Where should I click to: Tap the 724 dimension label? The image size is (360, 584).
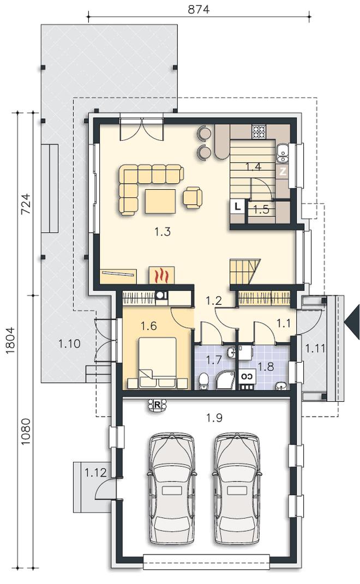click(x=26, y=204)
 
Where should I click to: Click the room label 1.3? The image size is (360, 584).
click(x=163, y=232)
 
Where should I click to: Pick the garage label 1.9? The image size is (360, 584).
click(x=214, y=418)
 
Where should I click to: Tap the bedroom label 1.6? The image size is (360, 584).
click(x=149, y=326)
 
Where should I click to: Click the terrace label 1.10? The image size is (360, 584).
click(x=69, y=343)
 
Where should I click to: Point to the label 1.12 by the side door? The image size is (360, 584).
click(x=95, y=473)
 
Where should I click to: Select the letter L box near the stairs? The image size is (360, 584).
click(x=237, y=207)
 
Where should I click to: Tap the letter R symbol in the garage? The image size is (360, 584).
click(x=157, y=405)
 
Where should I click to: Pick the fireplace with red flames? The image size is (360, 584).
click(x=162, y=275)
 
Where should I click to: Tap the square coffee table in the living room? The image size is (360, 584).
click(x=160, y=201)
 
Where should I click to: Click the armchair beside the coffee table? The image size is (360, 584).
click(x=193, y=197)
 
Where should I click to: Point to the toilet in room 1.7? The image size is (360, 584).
click(x=204, y=381)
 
